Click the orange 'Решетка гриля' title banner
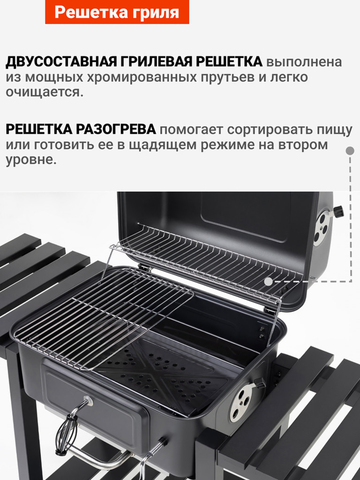[117, 12]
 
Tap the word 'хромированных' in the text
[138, 77]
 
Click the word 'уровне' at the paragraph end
[30, 160]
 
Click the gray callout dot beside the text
[350, 151]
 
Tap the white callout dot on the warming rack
[268, 282]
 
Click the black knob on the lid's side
[338, 211]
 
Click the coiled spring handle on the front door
[65, 431]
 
